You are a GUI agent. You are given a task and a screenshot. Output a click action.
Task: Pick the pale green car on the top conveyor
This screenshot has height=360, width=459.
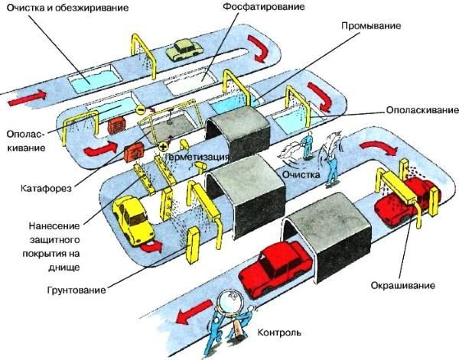coord(182,50)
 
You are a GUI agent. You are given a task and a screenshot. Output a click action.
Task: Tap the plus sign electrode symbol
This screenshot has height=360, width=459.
coord(162,144)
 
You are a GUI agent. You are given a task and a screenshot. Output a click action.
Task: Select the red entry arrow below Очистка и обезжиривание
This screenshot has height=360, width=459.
coord(26,97)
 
